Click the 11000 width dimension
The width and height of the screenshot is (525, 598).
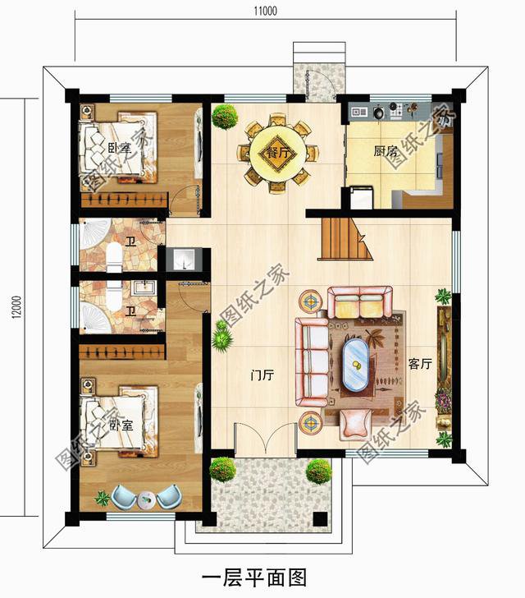point(266,11)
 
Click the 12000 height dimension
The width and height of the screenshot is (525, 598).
point(17,307)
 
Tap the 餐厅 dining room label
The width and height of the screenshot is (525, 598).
point(278,153)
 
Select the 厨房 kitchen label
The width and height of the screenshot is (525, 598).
point(386,151)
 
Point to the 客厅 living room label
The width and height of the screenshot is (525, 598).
point(420,364)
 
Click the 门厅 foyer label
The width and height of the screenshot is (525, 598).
point(262,375)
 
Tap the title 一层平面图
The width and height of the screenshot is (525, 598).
point(254,578)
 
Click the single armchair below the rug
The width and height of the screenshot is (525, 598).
point(355,423)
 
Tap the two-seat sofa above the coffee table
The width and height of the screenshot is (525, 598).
point(360,302)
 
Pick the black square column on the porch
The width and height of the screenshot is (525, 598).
point(320,518)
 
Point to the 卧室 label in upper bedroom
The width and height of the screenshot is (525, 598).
point(119,149)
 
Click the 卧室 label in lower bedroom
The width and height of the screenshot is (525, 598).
point(121,425)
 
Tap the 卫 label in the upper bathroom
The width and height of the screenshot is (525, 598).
point(131,241)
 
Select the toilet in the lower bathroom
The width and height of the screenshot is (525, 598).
point(113,296)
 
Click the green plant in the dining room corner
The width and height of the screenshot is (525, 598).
point(225,117)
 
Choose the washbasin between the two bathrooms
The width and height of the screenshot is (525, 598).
point(185,260)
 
